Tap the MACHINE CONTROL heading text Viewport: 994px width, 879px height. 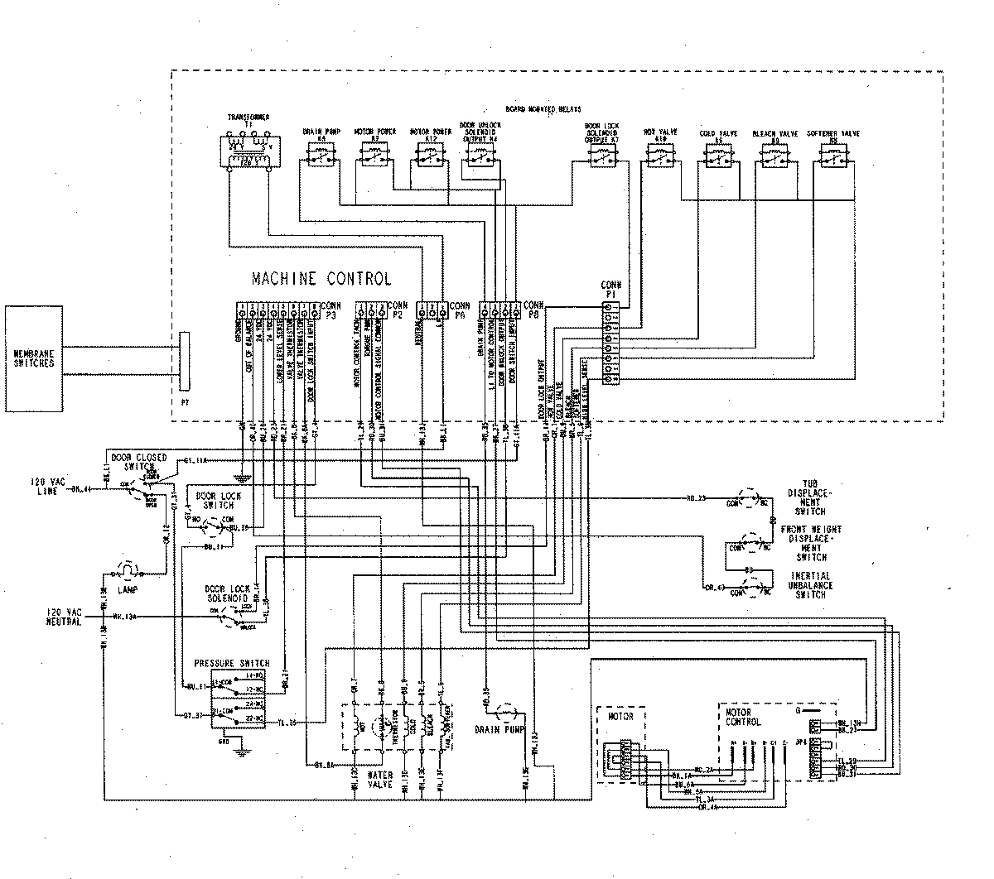point(321,279)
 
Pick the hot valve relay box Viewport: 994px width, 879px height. point(660,156)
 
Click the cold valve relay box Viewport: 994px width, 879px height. point(717,156)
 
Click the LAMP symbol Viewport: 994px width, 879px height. point(129,570)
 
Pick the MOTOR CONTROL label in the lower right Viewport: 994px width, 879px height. point(740,716)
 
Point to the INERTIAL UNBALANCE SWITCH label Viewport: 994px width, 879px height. point(811,584)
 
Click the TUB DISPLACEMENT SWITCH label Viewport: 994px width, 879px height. point(811,497)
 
